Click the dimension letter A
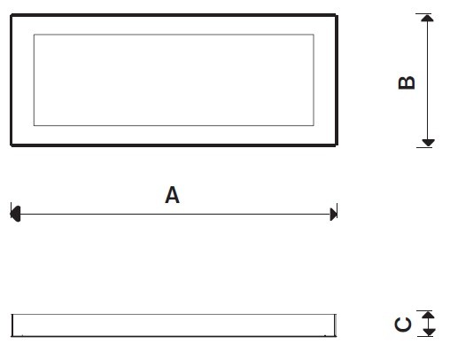[x=172, y=195]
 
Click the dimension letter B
[x=407, y=82]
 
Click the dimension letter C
[x=403, y=325]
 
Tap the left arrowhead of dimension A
[x=15, y=214]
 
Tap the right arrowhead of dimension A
[x=333, y=214]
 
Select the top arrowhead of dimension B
[x=427, y=18]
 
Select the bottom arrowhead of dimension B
[x=428, y=143]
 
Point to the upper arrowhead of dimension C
[x=428, y=315]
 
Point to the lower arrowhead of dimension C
[x=429, y=332]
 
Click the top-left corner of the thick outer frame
[x=12, y=15]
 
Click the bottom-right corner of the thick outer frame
[x=337, y=145]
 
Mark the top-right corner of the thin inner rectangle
[x=314, y=35]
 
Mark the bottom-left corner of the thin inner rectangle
[x=34, y=125]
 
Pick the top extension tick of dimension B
[x=423, y=13]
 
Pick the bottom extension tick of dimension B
[x=424, y=147]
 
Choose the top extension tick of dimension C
[x=424, y=310]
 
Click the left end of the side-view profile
[x=12, y=325]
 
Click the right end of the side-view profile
[x=336, y=325]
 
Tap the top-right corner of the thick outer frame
[x=337, y=15]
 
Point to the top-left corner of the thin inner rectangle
[x=34, y=35]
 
